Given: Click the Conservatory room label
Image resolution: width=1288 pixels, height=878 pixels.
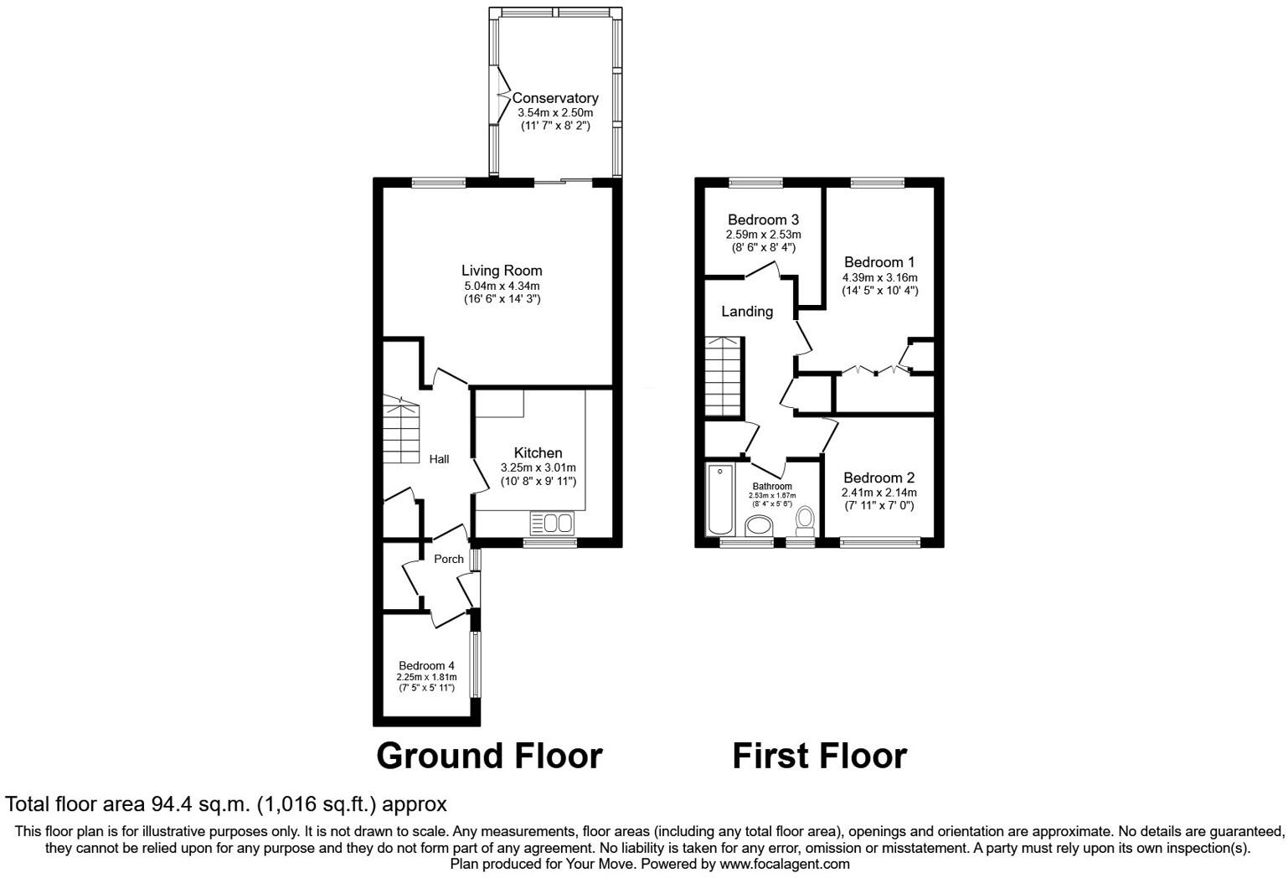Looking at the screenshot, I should point(555,98).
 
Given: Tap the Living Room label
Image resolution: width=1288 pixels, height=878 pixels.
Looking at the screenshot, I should point(502,271).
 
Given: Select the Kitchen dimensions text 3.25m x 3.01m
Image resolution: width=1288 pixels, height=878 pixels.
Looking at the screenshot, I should point(538,467).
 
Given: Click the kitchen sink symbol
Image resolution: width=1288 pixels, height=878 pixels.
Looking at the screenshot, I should point(551,524).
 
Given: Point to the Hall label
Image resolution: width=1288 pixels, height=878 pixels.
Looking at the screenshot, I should point(439,459).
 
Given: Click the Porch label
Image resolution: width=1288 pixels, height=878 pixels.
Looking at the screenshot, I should point(448,559).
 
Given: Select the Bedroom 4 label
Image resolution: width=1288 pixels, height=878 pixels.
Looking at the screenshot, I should point(426,666).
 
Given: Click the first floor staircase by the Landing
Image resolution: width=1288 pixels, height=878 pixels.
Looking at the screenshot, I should point(722,377).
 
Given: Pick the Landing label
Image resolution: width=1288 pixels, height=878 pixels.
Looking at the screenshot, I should point(747,312).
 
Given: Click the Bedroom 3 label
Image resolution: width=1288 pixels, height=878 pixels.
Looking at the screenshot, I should point(763,220).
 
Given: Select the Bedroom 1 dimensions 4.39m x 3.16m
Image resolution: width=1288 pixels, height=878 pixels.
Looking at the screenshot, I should point(879,277).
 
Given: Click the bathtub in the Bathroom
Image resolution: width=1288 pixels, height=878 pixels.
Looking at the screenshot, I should point(719,500).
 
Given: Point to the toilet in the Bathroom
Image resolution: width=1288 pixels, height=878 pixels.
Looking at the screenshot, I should point(806,519).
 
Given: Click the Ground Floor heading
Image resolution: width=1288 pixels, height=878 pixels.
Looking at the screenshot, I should point(489,756).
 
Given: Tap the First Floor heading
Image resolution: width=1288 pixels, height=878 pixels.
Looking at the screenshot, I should point(819,756).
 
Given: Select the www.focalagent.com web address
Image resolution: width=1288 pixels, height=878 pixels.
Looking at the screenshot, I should point(785,864).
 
